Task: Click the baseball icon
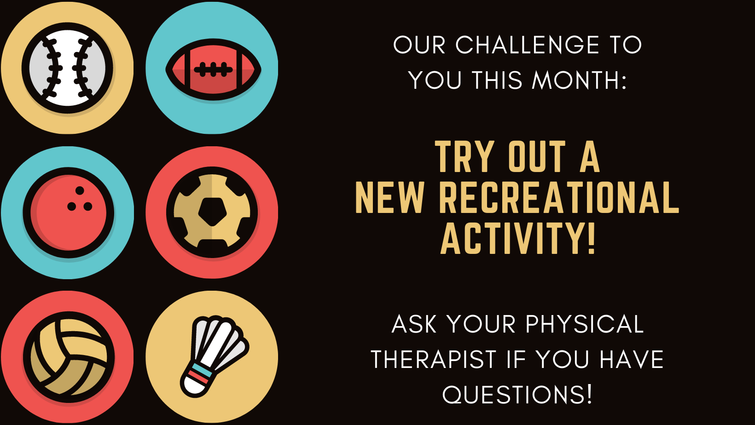pos(68,68)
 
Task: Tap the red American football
pos(213,69)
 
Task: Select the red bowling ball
pos(69,212)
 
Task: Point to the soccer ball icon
pos(212,212)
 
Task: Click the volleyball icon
pos(69,357)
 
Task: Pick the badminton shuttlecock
pos(215,356)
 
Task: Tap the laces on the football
pos(213,70)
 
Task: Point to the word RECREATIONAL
pos(559,198)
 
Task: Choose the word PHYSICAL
pos(585,324)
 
